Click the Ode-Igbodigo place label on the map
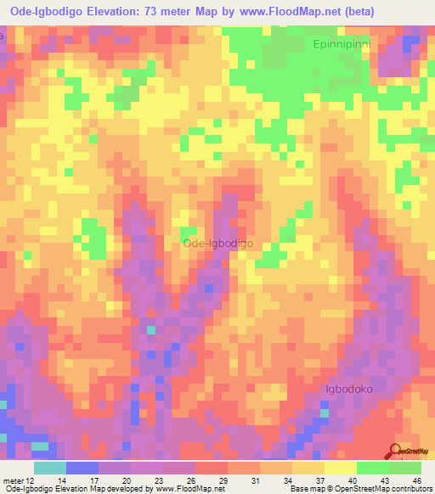[x=217, y=244]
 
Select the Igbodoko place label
[x=349, y=389]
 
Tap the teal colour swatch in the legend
[x=50, y=467]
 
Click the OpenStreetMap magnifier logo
[x=394, y=451]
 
